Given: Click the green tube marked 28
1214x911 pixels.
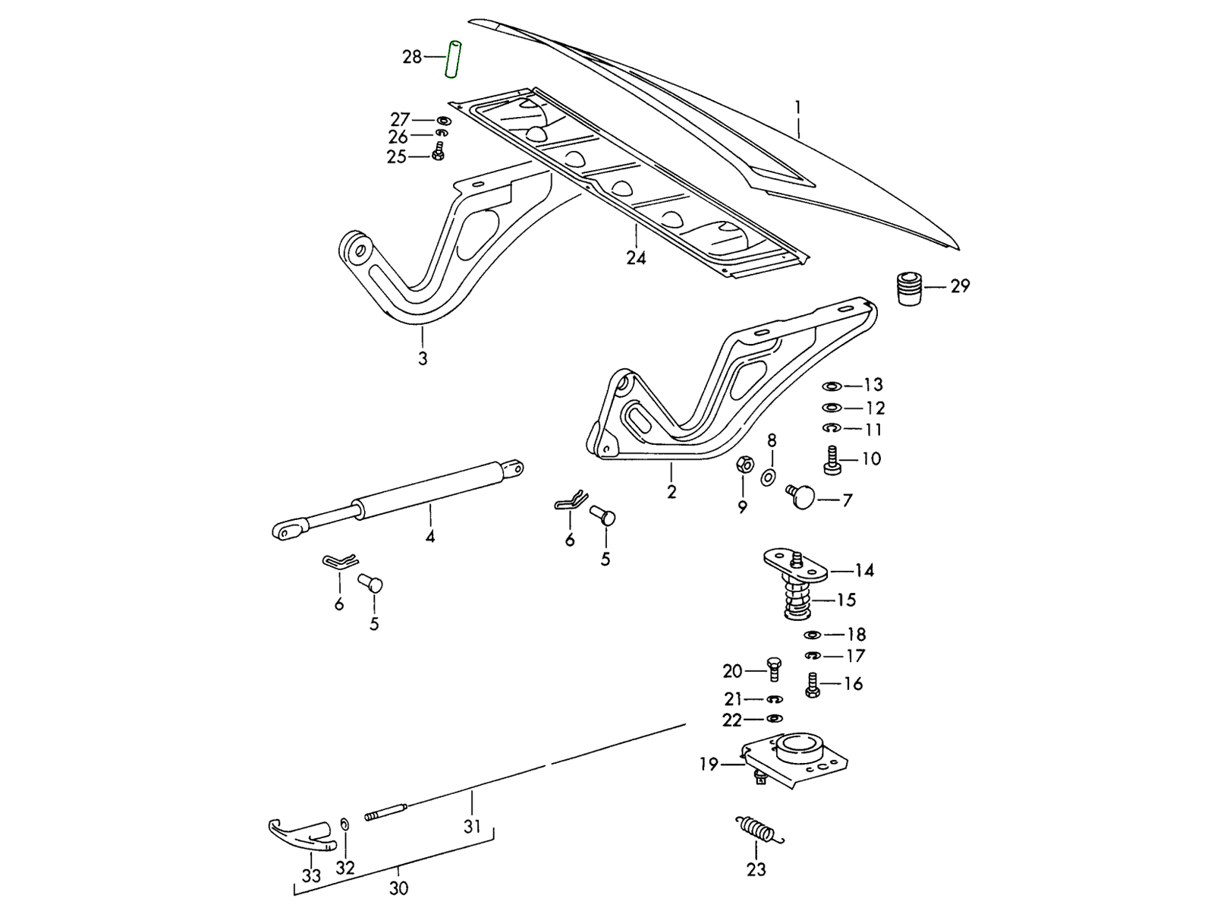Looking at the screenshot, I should tap(454, 58).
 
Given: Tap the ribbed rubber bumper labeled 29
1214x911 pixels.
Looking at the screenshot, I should tap(909, 288).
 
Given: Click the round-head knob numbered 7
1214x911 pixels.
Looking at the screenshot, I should tap(800, 496).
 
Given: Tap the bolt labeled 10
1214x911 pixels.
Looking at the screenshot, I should tap(831, 460).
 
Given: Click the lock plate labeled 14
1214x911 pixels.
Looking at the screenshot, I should tap(795, 566).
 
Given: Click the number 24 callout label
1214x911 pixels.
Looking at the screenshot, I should tap(636, 258).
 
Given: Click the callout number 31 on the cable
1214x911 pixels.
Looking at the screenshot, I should tap(472, 826).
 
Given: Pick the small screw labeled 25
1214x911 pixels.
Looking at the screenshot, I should tap(438, 154).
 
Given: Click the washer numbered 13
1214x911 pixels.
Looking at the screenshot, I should tap(832, 386).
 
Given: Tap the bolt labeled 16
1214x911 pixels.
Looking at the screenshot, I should tap(813, 685).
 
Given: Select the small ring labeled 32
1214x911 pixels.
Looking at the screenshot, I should tap(344, 825).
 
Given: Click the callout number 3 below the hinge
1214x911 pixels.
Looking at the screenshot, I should tap(423, 358).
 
